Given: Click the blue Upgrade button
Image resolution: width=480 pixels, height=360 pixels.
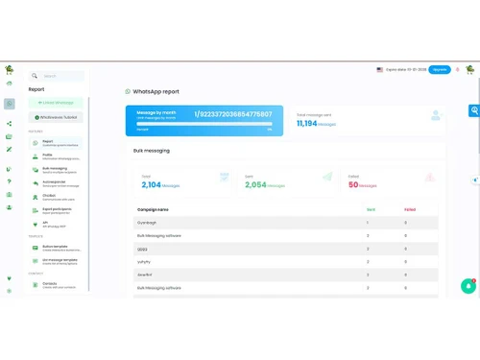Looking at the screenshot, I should [439, 69].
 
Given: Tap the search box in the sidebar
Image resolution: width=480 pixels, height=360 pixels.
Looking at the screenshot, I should [57, 76].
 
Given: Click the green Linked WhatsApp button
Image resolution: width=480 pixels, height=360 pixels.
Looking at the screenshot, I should [57, 102].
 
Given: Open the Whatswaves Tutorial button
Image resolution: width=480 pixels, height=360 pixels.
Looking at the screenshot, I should [57, 117].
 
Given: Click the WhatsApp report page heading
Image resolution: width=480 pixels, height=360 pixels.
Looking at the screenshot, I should [156, 91].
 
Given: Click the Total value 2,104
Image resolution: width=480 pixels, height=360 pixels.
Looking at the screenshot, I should [152, 183].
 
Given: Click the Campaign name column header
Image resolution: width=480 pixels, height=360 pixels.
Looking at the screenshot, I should [154, 209].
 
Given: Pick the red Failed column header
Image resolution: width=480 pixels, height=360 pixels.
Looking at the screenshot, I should [410, 209].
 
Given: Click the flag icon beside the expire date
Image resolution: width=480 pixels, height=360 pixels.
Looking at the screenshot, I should [380, 69].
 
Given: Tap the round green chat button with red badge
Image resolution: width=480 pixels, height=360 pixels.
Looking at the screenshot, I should [468, 285].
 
